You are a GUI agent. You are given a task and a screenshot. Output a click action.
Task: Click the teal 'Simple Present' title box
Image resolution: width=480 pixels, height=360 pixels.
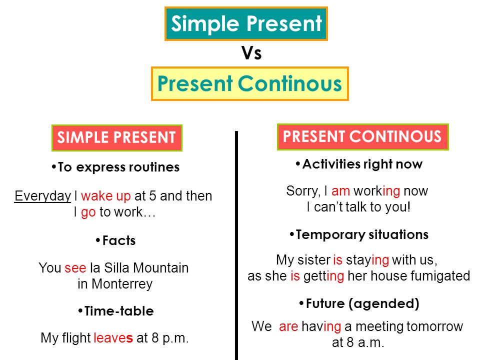[246, 24]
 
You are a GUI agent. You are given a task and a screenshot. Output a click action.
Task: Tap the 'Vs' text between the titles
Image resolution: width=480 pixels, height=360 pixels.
[251, 53]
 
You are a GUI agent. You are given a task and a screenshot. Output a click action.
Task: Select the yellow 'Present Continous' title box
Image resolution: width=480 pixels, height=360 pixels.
[249, 84]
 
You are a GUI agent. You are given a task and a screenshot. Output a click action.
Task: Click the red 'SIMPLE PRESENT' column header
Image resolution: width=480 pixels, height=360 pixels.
[117, 137]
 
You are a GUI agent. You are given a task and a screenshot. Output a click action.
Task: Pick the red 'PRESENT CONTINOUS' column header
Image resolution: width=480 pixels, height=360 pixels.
[362, 136]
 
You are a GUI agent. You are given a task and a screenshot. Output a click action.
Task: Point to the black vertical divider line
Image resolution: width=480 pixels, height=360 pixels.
[236, 245]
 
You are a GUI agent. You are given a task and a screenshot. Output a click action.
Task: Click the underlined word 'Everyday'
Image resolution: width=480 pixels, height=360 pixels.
[42, 196]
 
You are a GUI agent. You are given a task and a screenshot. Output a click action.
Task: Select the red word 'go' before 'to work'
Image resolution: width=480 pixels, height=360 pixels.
[88, 212]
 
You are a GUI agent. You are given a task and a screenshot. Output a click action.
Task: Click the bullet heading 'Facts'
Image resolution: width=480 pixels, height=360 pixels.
[118, 241]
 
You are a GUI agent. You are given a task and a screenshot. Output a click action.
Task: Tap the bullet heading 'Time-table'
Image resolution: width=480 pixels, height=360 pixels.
[118, 311]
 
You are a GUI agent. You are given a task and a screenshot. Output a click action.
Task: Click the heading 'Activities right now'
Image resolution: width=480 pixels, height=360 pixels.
[362, 164]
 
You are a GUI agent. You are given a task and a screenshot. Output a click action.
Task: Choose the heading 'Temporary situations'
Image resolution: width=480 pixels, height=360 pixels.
[361, 234]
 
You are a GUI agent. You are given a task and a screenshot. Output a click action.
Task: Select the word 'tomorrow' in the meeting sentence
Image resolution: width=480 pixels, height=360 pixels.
[434, 327]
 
